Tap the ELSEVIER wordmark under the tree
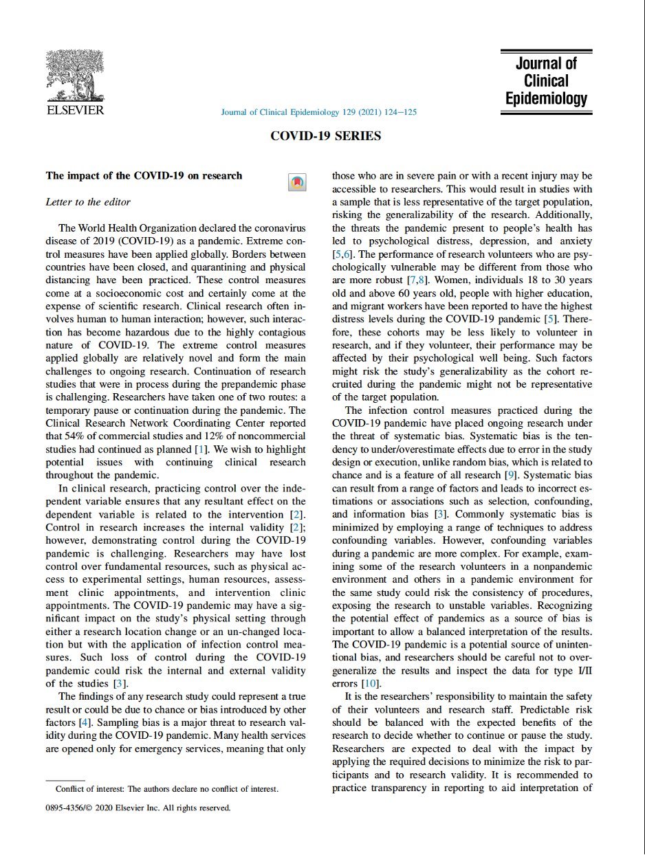[x=75, y=110]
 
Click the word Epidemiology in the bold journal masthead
[x=547, y=98]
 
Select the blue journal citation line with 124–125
[x=318, y=112]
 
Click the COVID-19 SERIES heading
[x=325, y=136]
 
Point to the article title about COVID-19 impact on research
[x=144, y=176]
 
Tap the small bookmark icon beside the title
[x=296, y=182]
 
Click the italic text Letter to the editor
[x=87, y=202]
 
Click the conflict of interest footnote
[x=162, y=789]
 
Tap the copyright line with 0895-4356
[x=138, y=808]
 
